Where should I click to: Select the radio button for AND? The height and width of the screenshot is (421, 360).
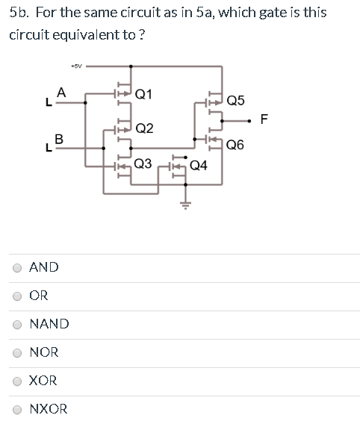(17, 267)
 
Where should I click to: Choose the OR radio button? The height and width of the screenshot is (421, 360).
(17, 296)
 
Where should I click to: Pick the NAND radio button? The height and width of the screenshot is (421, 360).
(17, 324)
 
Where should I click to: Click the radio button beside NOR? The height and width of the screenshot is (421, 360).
(17, 352)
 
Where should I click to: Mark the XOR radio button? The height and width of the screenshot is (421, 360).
(17, 381)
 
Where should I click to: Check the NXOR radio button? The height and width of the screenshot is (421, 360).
(17, 409)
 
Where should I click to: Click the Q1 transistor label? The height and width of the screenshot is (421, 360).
(145, 94)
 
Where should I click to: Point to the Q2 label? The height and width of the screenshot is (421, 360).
(145, 128)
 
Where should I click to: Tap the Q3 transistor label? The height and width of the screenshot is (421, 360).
(143, 163)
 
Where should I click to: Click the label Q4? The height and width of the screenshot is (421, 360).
(200, 166)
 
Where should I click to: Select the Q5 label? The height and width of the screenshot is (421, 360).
(235, 100)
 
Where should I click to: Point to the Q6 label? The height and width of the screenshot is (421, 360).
(235, 145)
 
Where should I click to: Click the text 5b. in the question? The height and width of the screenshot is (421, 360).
(19, 13)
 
